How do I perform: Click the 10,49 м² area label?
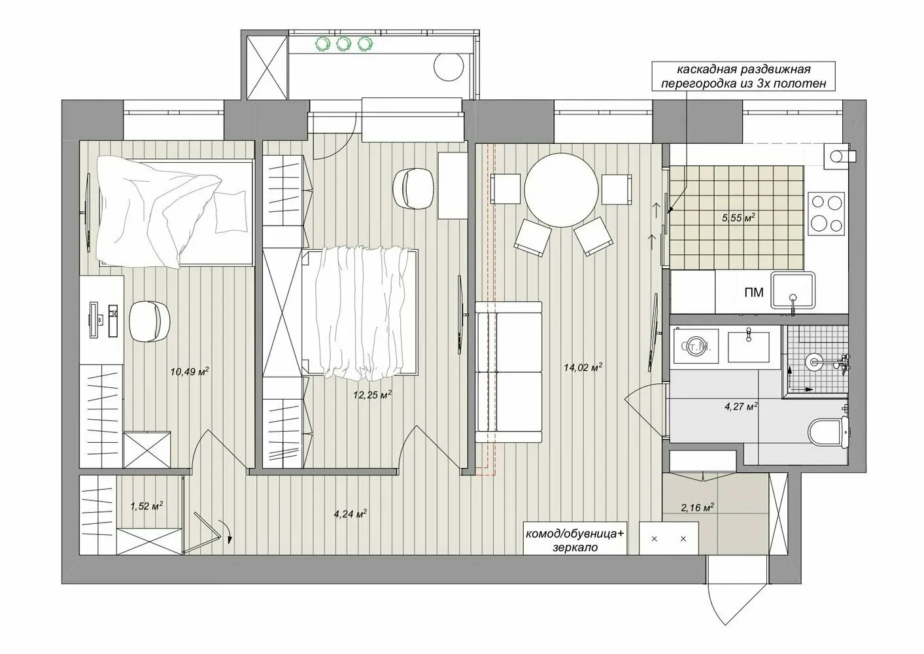point(189,371)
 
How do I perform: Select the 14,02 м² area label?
point(582,368)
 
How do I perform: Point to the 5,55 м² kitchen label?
point(738,218)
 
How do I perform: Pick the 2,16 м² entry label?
point(696,507)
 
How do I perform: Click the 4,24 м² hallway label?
point(350,513)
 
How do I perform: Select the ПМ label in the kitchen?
point(754,292)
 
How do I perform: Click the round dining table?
point(561,190)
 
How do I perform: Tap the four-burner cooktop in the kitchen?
point(825,213)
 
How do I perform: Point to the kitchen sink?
point(794,290)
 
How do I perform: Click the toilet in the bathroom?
point(827,431)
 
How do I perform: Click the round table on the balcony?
point(450,65)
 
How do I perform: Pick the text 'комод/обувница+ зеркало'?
point(575,541)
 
